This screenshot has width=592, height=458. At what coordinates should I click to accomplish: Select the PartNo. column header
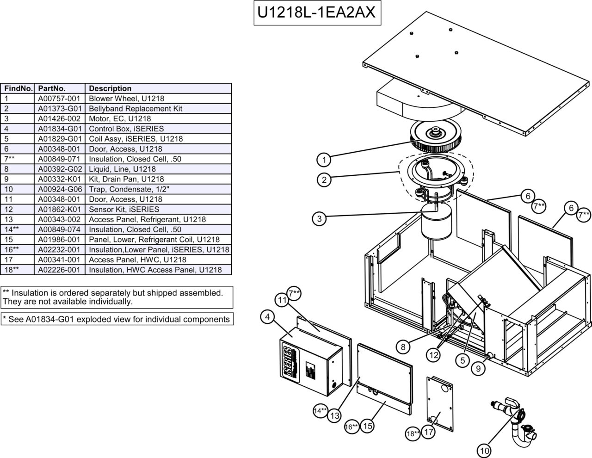tap(52, 88)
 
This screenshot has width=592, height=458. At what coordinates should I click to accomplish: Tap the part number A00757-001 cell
tap(59, 99)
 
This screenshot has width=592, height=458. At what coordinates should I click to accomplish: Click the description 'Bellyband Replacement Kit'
tap(135, 109)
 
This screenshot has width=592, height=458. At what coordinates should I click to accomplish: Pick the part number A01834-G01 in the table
tap(59, 129)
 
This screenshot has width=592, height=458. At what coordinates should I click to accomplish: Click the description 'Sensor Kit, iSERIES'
tap(123, 210)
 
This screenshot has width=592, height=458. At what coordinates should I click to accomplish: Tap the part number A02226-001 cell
tap(59, 270)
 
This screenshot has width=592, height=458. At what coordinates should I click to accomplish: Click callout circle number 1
tap(324, 160)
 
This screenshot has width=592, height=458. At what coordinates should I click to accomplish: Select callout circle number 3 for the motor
tap(320, 219)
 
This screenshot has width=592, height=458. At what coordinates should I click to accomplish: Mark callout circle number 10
tap(484, 450)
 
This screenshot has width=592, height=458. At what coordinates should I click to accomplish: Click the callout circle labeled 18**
tap(413, 433)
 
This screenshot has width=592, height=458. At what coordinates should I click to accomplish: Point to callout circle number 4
tap(268, 317)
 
